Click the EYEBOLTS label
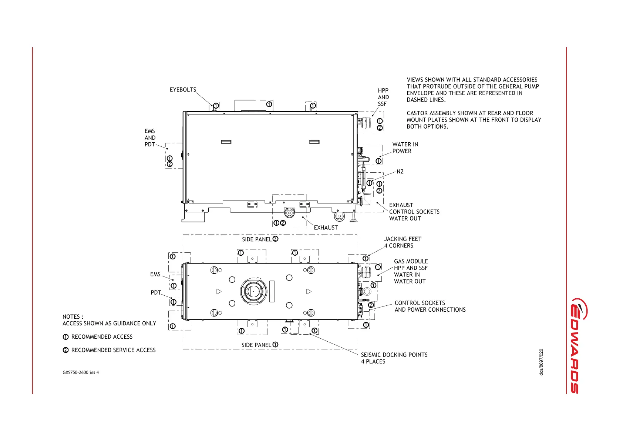183,90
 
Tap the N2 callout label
400,172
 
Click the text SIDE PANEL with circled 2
260,239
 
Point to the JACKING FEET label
403,239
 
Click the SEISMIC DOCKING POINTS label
394,355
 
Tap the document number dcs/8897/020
541,362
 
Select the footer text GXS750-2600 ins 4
81,372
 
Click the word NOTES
71,317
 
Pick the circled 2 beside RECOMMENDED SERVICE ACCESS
65,350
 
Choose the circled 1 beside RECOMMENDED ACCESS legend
65,337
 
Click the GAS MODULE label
411,261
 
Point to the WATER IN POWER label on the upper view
405,148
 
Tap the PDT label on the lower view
156,292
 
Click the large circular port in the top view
253,291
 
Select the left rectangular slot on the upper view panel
226,142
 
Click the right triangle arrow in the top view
309,292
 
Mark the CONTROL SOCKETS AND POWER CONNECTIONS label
430,306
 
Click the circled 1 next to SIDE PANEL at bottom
275,345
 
